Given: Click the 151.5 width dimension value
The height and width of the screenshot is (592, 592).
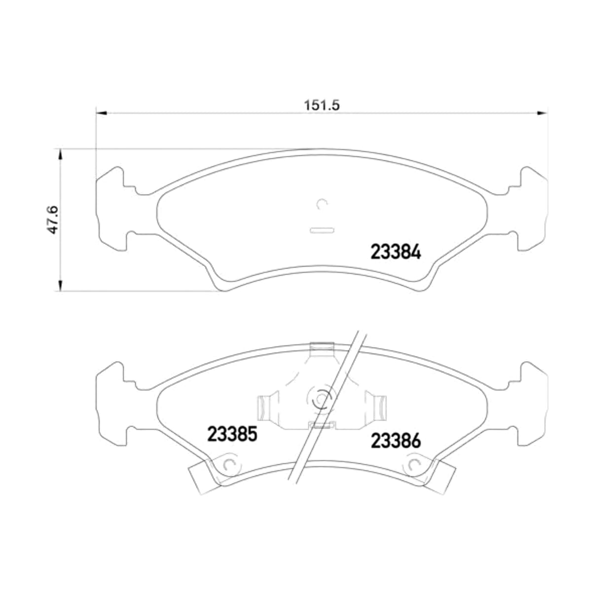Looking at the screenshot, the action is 322,105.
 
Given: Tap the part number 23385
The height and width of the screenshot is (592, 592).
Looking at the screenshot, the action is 232,435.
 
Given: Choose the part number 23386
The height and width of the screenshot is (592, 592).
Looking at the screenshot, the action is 396,441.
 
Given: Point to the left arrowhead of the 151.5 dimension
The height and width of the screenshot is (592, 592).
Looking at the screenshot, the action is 102,113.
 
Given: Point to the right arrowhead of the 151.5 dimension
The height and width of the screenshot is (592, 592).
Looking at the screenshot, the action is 542,113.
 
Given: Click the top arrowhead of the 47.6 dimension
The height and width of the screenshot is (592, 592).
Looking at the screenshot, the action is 61,154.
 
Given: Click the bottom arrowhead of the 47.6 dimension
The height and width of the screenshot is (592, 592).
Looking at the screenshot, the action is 61,286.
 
